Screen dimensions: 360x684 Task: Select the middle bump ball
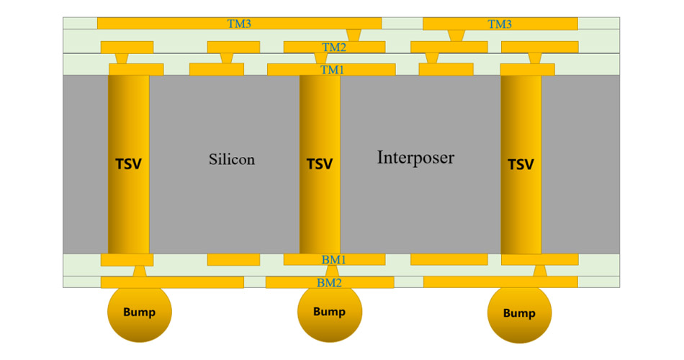click(x=330, y=312)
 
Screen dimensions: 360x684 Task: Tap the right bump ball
click(x=519, y=313)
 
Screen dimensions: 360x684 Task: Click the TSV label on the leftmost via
click(x=128, y=164)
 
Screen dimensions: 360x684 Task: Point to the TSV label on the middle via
click(x=320, y=164)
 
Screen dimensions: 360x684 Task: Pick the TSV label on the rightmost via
click(x=521, y=164)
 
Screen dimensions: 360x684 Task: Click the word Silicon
click(x=232, y=159)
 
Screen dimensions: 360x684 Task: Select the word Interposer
click(x=415, y=157)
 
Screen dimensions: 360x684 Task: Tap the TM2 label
click(x=334, y=47)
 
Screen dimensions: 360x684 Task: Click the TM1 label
click(x=333, y=70)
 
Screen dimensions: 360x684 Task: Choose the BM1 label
click(x=334, y=259)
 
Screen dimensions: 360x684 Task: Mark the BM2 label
click(x=329, y=282)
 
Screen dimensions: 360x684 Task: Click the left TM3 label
click(x=239, y=24)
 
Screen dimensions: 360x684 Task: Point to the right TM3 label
click(x=500, y=24)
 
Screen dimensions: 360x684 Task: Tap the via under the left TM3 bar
click(x=354, y=35)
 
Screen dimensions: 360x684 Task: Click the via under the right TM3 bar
click(x=456, y=35)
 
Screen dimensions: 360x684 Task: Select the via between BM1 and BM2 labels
click(x=332, y=271)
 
